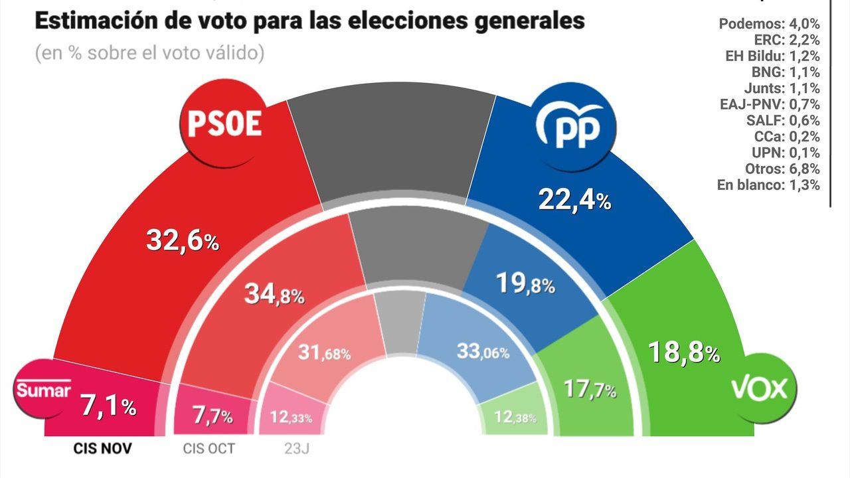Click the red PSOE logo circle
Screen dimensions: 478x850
coord(222,124)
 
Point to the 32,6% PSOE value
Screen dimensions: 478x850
coord(182,240)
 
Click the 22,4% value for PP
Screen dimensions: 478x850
coord(574,200)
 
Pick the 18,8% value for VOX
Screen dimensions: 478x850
coord(684,353)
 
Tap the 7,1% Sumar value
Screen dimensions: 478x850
coord(108,406)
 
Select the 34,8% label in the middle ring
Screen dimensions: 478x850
coord(272,294)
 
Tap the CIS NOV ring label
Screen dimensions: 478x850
coord(102,449)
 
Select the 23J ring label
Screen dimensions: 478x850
coord(296,449)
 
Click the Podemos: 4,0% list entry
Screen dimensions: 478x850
coord(769,24)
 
